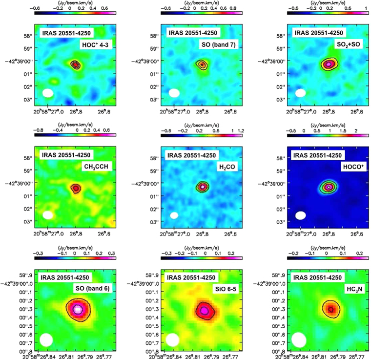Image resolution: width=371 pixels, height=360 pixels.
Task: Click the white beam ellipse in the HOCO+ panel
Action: [x=300, y=215]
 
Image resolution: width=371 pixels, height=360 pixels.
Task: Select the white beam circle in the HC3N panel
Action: [x=299, y=339]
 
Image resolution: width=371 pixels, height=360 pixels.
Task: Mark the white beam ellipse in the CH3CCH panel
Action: [x=47, y=215]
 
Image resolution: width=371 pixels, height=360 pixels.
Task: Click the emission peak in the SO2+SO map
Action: [x=329, y=64]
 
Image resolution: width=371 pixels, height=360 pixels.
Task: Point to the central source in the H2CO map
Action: [x=203, y=186]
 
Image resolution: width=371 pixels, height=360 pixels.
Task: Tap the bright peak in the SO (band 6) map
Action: [x=77, y=309]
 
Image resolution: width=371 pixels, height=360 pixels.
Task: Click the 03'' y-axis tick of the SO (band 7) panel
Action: [x=156, y=99]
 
